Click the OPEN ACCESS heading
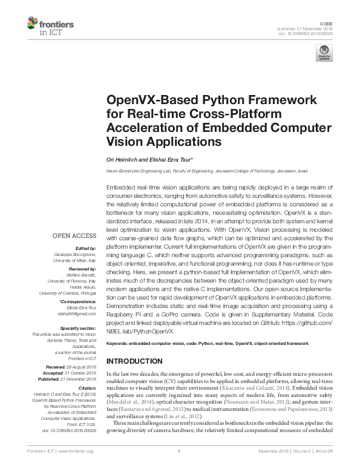(x=74, y=236)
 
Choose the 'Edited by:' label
(x=85, y=249)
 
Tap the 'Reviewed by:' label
(x=83, y=267)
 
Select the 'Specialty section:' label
(x=79, y=327)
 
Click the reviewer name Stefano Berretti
(x=82, y=273)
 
